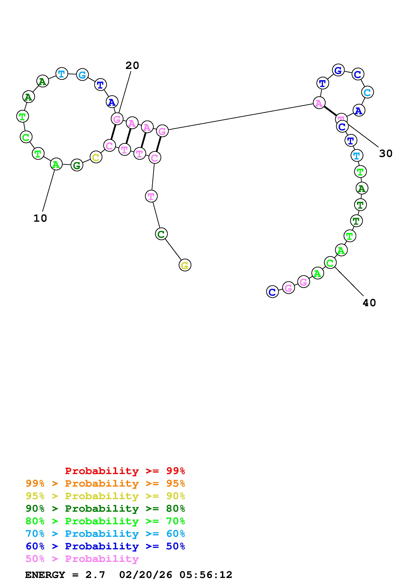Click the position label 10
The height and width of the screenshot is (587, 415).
pyautogui.click(x=40, y=218)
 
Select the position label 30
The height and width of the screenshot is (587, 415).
pyautogui.click(x=386, y=154)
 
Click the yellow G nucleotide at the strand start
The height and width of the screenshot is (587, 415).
pyautogui.click(x=185, y=265)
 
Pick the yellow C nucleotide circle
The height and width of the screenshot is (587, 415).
pyautogui.click(x=96, y=157)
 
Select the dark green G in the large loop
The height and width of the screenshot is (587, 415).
pyautogui.click(x=77, y=165)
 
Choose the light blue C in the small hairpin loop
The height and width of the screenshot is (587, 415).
pyautogui.click(x=367, y=92)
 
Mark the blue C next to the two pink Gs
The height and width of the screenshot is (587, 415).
pyautogui.click(x=272, y=292)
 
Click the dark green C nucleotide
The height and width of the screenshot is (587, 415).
pyautogui.click(x=161, y=234)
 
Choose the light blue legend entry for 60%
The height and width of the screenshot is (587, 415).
pyautogui.click(x=105, y=534)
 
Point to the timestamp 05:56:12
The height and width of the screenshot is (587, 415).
pyautogui.click(x=206, y=575)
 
